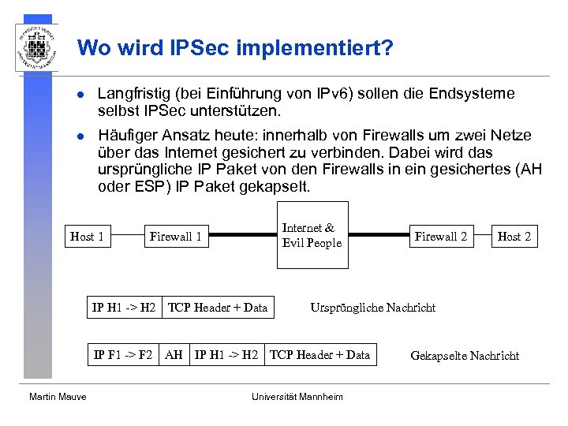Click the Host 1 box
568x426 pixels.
click(87, 236)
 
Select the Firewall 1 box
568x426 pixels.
click(175, 236)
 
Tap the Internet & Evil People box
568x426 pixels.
click(312, 235)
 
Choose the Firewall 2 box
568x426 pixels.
click(441, 236)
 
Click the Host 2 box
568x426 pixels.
click(514, 236)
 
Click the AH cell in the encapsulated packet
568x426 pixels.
click(174, 355)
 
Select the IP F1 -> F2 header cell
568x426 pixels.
click(123, 355)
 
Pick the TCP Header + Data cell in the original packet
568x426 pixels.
click(218, 307)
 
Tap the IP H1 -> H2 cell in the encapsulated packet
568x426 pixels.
click(226, 355)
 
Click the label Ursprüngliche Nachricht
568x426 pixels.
click(372, 308)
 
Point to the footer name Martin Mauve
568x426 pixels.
click(58, 397)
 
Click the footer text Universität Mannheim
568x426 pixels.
click(297, 397)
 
